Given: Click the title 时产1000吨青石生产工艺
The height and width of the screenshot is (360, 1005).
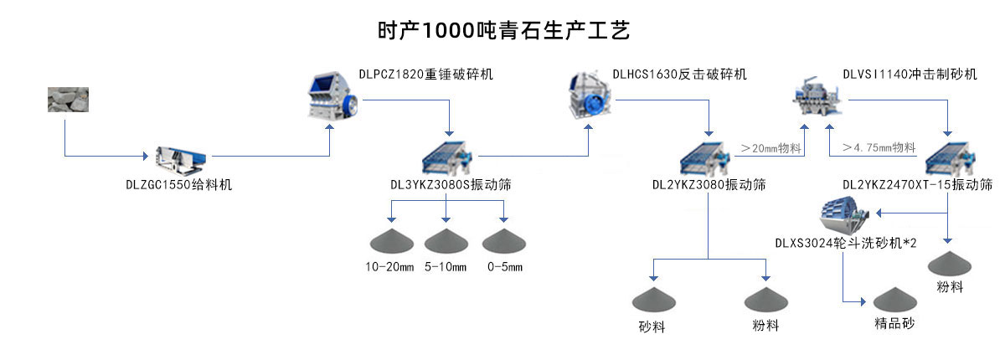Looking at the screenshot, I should tap(502, 31).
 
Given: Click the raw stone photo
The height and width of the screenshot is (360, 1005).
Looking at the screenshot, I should tap(67, 100).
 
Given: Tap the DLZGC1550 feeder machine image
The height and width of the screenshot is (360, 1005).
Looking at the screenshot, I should tap(178, 156).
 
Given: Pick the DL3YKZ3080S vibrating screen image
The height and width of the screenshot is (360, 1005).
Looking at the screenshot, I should tap(449, 157).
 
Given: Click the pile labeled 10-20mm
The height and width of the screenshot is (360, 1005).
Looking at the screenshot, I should tap(393, 241).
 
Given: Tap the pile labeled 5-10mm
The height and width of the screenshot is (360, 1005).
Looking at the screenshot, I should tap(446, 241).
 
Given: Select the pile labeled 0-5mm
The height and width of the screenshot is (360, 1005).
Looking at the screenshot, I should tap(503, 241).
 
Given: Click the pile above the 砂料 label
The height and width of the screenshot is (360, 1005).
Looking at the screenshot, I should tap(653, 299).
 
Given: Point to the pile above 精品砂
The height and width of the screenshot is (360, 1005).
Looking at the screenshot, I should tap(895, 301).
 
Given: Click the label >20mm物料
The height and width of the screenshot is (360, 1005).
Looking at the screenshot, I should tap(770, 148).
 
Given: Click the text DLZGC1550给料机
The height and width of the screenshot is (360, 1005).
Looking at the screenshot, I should tap(173, 184).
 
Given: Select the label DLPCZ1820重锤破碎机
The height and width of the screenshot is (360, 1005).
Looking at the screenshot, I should tap(425, 75).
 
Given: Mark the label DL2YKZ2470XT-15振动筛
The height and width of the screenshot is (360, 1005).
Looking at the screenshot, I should tap(917, 184).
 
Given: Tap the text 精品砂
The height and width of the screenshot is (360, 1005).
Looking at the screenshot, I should tap(895, 323).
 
